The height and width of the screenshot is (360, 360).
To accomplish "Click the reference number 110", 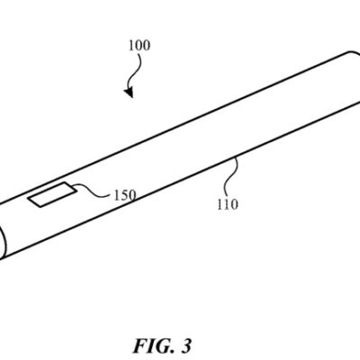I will pos(228,203).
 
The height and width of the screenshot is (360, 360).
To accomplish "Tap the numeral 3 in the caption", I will pos(186,345).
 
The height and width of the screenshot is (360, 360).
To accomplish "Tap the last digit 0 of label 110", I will pos(235,203).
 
